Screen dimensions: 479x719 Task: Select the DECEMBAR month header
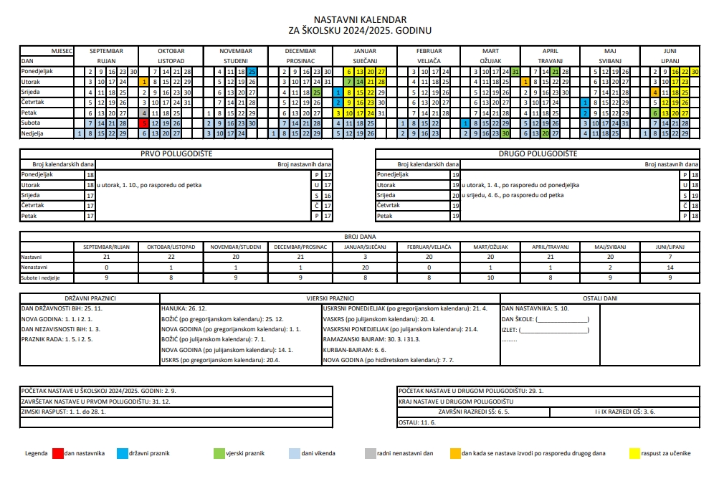(300, 51)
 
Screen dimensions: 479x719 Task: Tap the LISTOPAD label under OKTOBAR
(171, 61)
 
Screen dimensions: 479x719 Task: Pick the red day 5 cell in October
(144, 123)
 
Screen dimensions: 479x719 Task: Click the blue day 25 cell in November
(252, 72)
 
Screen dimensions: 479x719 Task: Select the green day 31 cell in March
(515, 72)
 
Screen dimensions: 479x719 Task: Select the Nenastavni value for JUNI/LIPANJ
(667, 267)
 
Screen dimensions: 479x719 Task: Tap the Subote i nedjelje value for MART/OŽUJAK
(490, 277)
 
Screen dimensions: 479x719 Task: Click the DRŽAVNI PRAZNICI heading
(90, 298)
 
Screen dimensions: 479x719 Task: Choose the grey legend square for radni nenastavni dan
(370, 453)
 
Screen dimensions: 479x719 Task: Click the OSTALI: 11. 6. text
(417, 423)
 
